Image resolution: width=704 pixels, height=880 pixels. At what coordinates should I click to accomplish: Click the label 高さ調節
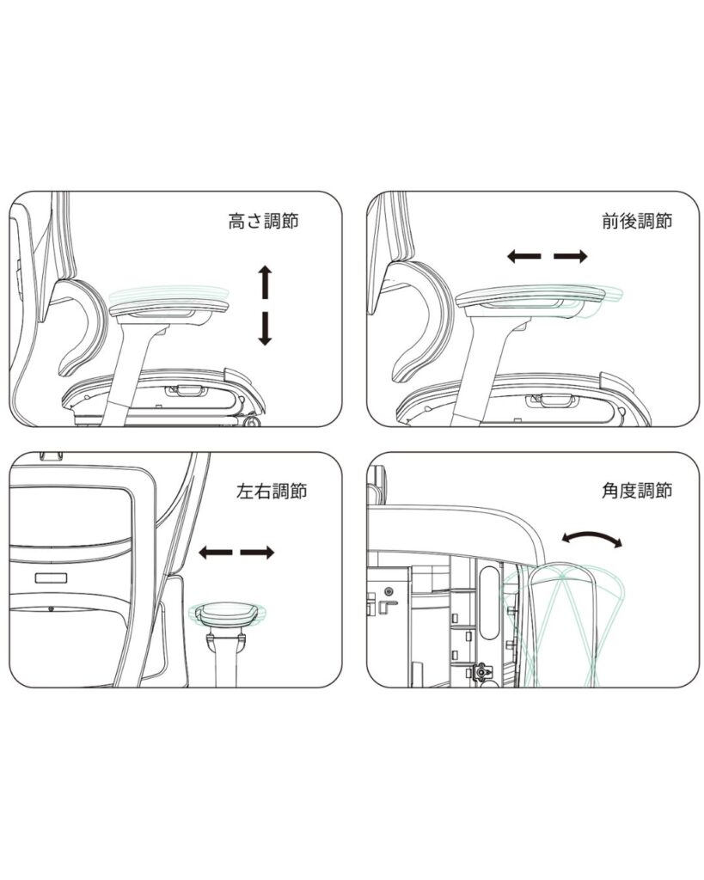point(263,221)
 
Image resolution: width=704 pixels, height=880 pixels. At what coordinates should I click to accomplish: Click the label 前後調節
point(637,221)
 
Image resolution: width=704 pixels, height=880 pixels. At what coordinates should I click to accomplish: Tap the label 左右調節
point(272,491)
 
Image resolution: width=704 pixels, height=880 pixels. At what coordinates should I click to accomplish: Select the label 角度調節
point(637,491)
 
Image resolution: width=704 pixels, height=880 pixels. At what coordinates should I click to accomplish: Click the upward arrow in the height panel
point(265,282)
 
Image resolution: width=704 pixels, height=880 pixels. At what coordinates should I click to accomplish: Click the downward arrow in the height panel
point(265,329)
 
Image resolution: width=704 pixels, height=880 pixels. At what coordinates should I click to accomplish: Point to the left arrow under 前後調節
point(523,256)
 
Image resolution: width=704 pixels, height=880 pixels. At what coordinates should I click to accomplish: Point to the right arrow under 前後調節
point(571,256)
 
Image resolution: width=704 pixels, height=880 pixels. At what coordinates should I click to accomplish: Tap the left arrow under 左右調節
point(216,553)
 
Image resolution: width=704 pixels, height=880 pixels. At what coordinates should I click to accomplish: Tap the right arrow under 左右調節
point(257,553)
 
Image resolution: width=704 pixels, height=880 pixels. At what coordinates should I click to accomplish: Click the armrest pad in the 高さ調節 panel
point(170,307)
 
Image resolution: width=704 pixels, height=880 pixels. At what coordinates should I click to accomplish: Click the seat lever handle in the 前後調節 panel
point(550,400)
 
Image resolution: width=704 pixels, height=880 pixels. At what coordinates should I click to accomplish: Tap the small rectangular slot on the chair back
point(51,578)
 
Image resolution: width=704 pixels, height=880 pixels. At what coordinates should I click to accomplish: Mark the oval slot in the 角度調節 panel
point(490,602)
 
